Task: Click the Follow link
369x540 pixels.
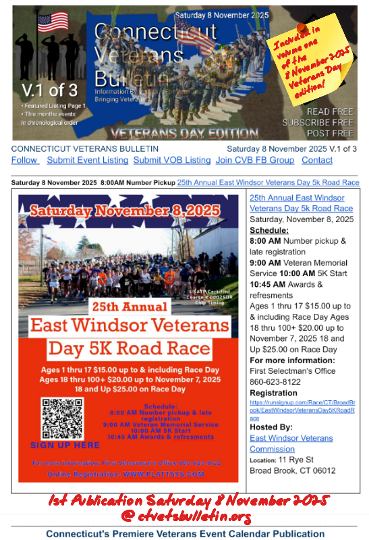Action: click(25, 160)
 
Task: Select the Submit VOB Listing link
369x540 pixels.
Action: click(171, 160)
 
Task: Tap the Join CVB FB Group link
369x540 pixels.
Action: click(254, 160)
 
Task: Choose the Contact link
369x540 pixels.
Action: click(317, 160)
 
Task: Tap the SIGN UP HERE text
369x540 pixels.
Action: click(65, 446)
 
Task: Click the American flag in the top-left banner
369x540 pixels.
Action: click(53, 23)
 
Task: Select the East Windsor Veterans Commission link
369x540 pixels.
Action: click(291, 443)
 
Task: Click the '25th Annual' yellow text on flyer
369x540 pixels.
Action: click(128, 306)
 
